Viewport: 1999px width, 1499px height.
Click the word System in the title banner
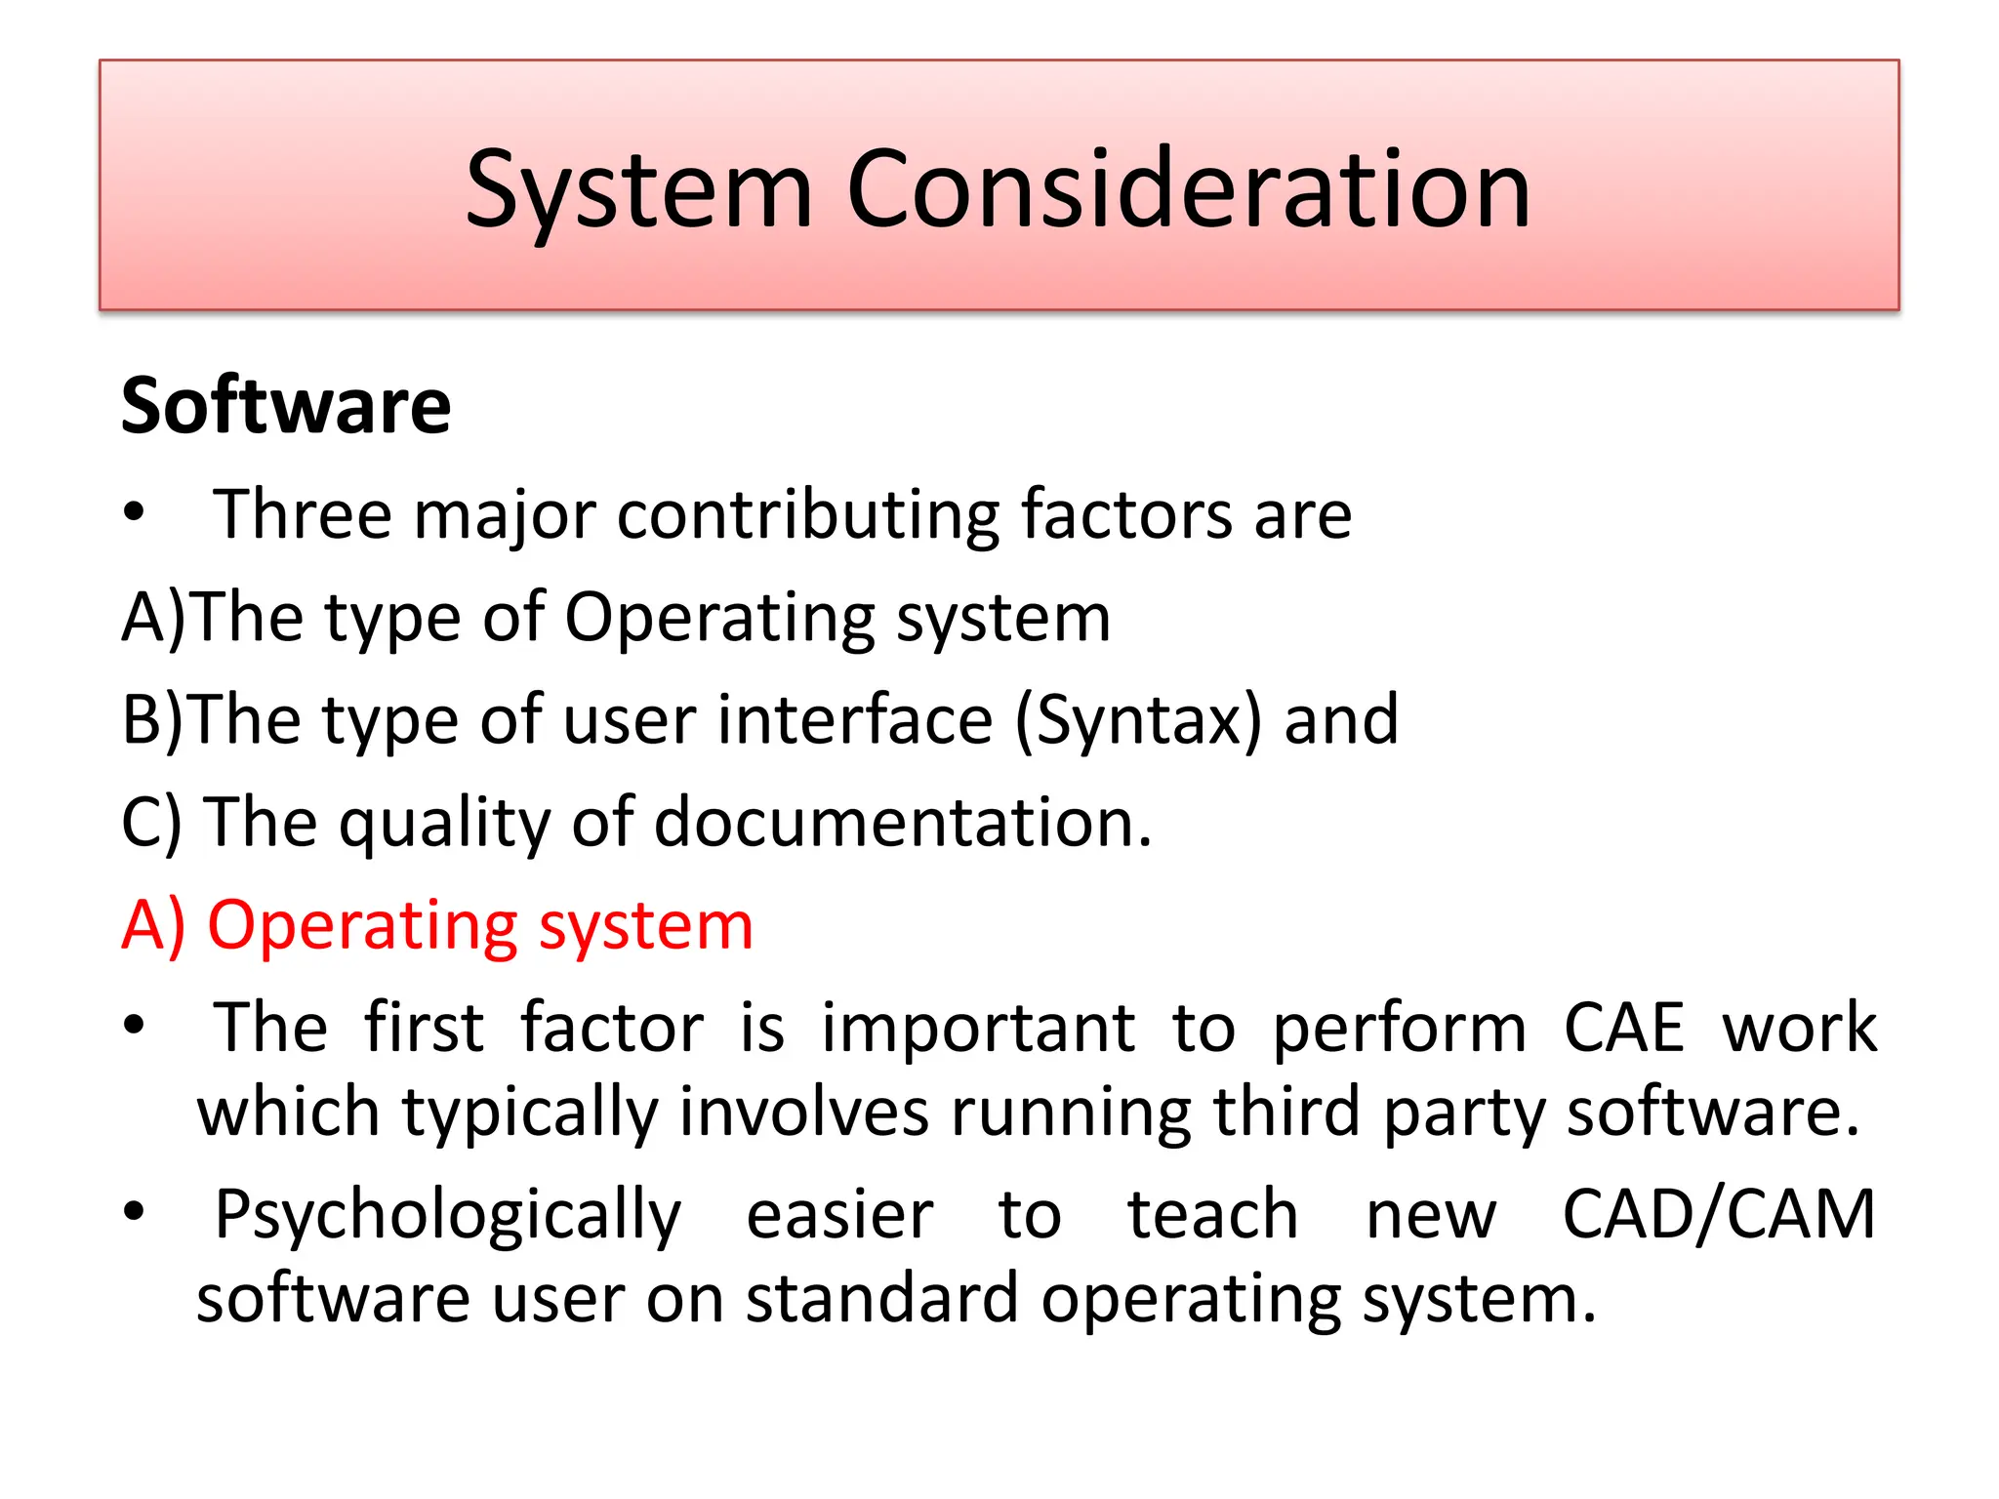[639, 190]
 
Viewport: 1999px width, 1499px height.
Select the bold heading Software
[286, 406]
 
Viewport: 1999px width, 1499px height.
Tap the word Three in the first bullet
[303, 514]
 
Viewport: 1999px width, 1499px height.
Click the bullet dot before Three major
[135, 512]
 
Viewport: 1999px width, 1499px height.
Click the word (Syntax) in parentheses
[1138, 721]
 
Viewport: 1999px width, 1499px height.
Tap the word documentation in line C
[903, 823]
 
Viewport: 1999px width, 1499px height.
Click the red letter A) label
[153, 926]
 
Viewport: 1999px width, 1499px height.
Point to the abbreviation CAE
[1623, 1029]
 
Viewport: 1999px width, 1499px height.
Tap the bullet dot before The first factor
[135, 1026]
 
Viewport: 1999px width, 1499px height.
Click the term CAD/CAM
[1718, 1216]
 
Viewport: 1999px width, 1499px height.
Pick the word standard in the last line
[881, 1300]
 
